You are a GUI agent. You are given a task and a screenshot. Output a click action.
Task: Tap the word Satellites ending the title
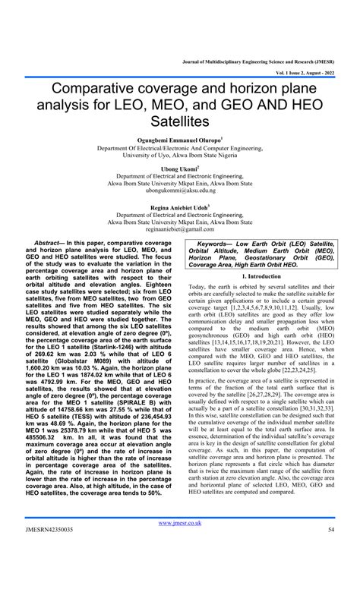178,121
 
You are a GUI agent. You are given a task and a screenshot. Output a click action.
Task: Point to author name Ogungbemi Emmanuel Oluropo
178,140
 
